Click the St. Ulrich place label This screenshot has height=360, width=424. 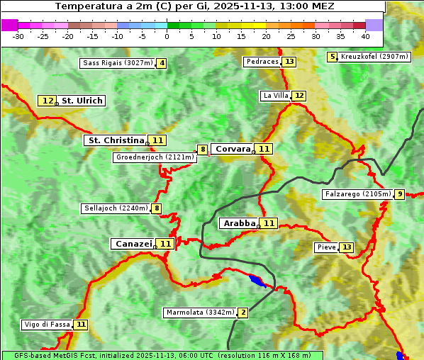pyautogui.click(x=82, y=101)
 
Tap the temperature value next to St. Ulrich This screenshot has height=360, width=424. pyautogui.click(x=47, y=101)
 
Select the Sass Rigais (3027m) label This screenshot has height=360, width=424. pyautogui.click(x=118, y=63)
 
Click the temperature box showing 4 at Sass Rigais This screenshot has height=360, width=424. pyautogui.click(x=162, y=63)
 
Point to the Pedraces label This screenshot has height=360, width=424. pyautogui.click(x=262, y=62)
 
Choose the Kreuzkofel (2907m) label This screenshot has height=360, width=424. pyautogui.click(x=375, y=57)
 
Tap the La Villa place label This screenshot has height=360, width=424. pyautogui.click(x=275, y=96)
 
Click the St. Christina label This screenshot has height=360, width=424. pyautogui.click(x=115, y=140)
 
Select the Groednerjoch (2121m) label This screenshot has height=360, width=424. pyautogui.click(x=155, y=157)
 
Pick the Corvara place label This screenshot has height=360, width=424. pyautogui.click(x=233, y=149)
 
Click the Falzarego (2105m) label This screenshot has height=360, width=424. pyautogui.click(x=357, y=193)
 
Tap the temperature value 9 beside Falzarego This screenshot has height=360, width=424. pyautogui.click(x=399, y=194)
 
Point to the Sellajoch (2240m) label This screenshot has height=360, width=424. pyautogui.click(x=116, y=208)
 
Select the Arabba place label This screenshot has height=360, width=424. pyautogui.click(x=240, y=223)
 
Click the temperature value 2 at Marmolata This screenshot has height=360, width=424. pyautogui.click(x=243, y=313)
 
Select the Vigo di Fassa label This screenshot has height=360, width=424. pyautogui.click(x=47, y=325)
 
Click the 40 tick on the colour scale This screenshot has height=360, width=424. pyautogui.click(x=365, y=36)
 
